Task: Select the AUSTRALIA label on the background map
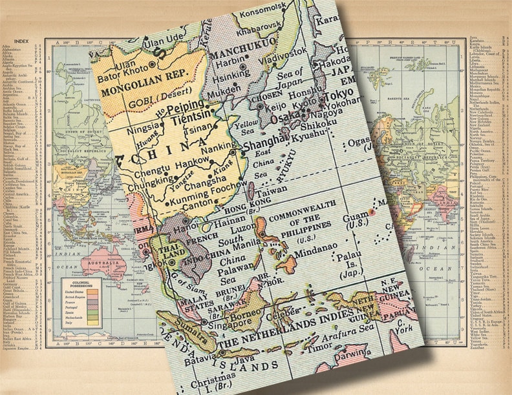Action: pyautogui.click(x=98, y=248)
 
